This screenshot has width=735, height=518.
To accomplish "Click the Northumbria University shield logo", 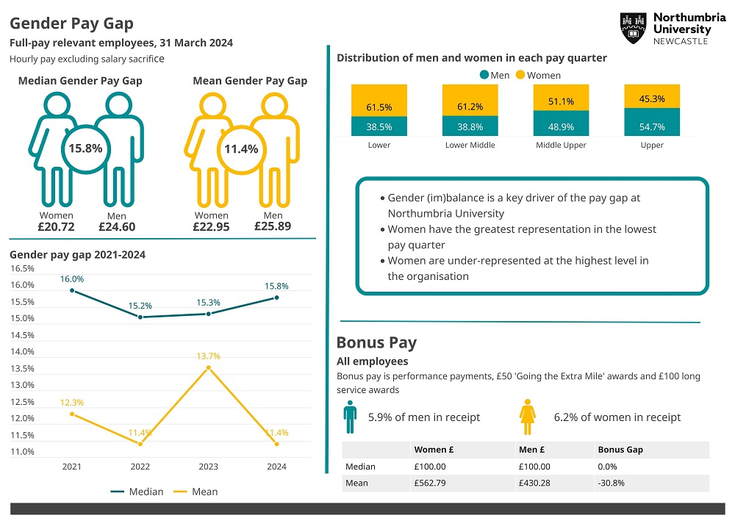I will point(633,29).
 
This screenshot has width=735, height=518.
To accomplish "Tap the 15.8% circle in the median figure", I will point(85,148).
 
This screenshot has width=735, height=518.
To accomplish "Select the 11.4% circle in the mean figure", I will point(241,149).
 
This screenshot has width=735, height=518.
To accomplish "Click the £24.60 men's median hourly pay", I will point(117,227).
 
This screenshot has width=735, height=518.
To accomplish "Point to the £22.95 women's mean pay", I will point(211,227).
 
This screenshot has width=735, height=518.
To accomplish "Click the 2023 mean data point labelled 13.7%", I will point(208,367).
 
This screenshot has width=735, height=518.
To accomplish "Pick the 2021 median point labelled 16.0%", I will point(72,290).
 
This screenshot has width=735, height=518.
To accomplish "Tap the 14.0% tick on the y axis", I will point(22,352).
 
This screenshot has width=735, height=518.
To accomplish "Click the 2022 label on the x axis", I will point(140,467).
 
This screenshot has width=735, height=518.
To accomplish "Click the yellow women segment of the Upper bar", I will point(652,96).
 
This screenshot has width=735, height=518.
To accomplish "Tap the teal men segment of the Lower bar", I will point(379,126).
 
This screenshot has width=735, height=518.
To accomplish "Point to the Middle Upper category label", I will point(561,145).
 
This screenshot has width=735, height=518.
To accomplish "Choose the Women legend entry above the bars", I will point(537,75).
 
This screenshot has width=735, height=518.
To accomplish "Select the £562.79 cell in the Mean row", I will point(430,483).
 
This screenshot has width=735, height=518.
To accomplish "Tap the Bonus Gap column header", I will point(620,450).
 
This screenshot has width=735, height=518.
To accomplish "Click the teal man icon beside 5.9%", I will point(350,417).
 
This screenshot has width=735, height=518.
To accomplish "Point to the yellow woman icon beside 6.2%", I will point(527,417).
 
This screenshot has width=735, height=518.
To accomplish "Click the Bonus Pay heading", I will point(376,342).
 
